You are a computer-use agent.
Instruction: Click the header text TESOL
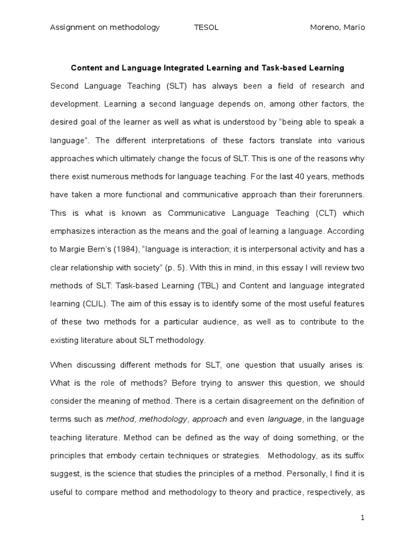[x=206, y=28]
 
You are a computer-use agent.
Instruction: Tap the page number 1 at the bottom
[x=363, y=518]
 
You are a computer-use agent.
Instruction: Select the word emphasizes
[x=71, y=231]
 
